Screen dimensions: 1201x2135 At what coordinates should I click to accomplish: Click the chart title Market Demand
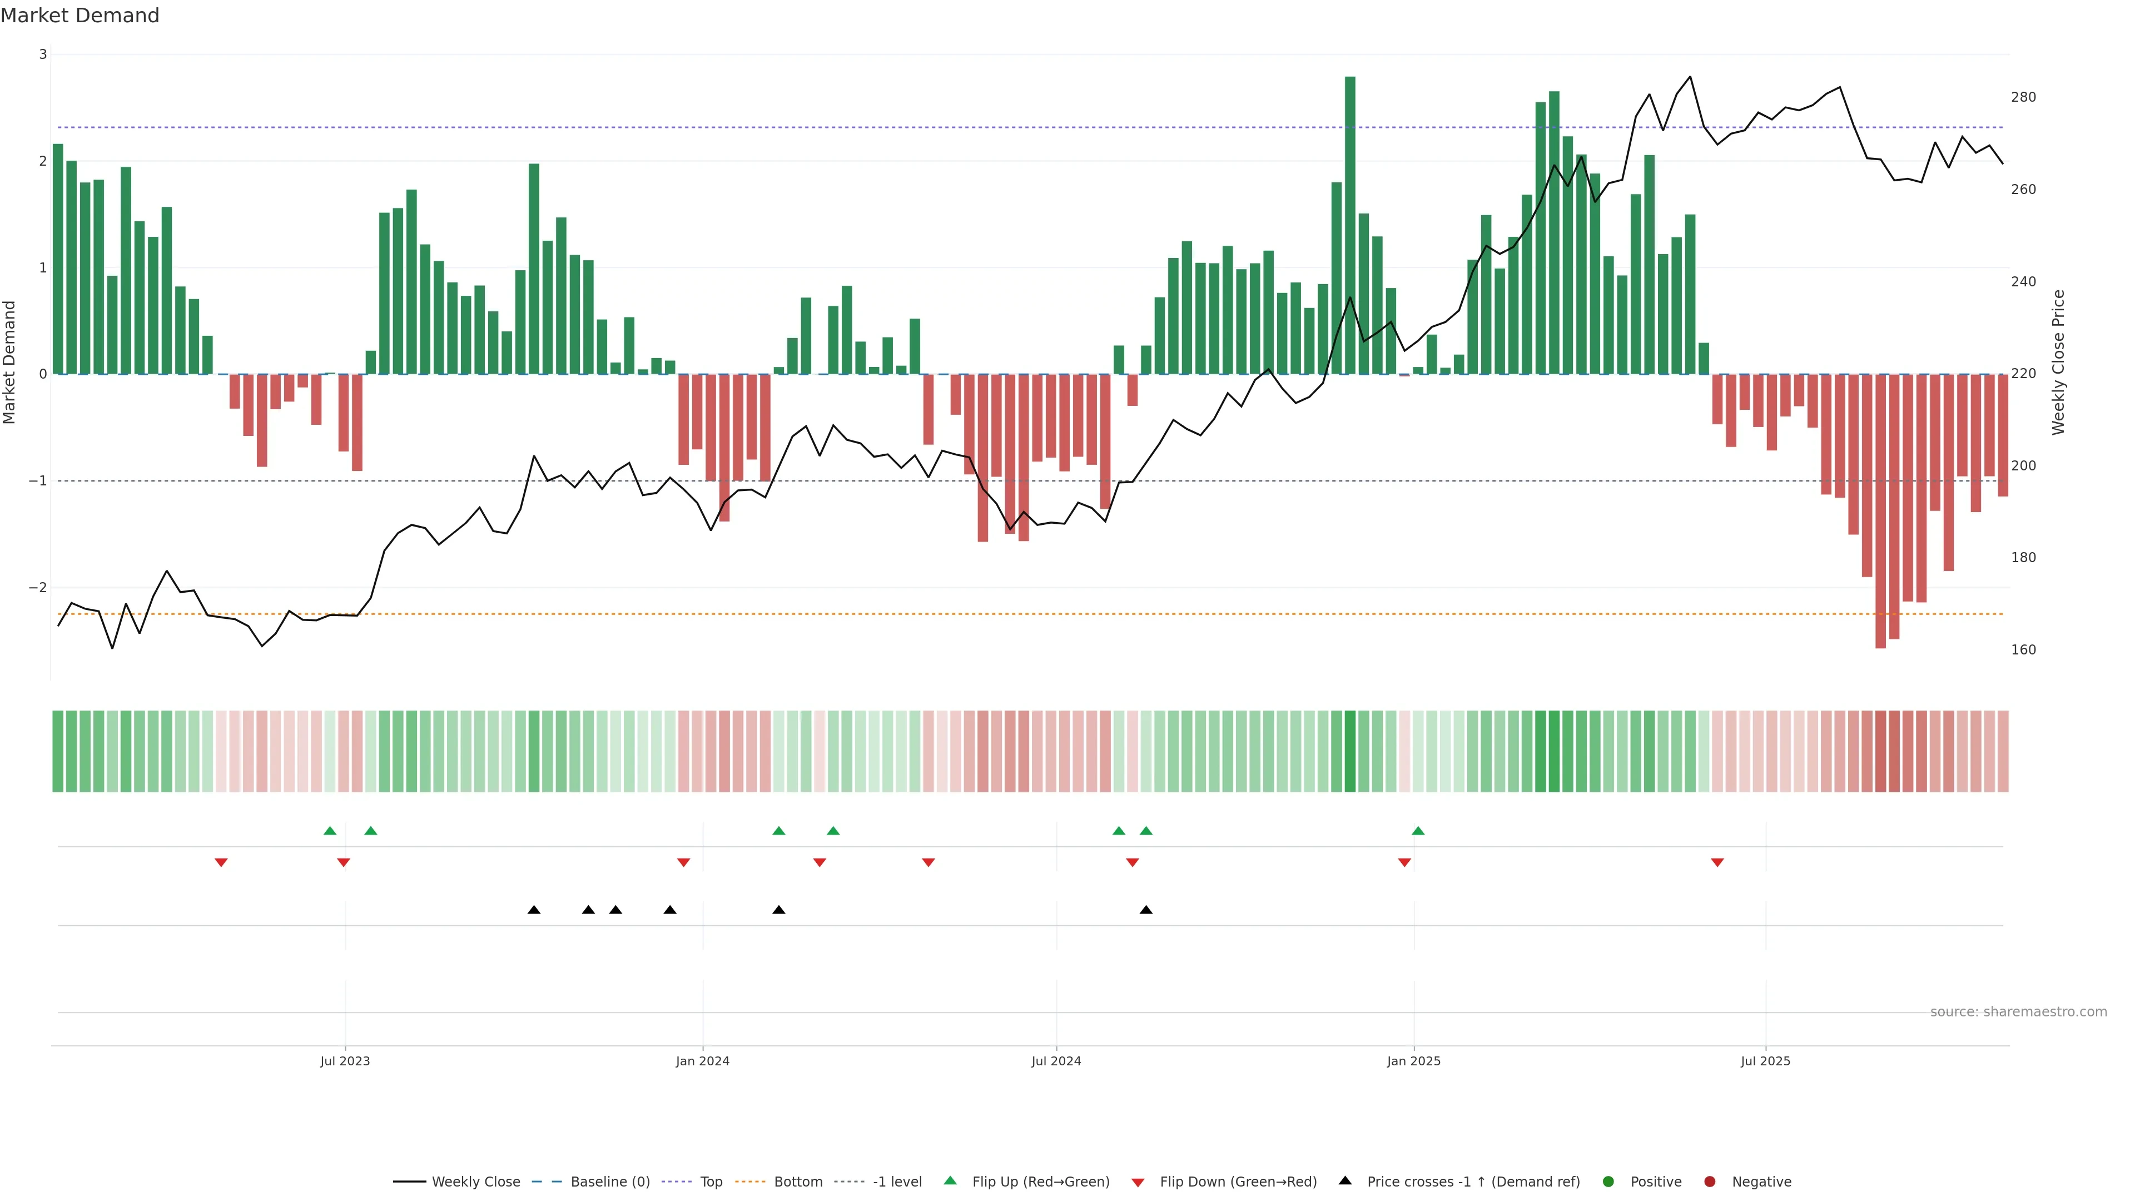pyautogui.click(x=80, y=16)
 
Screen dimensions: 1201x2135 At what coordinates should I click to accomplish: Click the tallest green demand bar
pyautogui.click(x=1349, y=224)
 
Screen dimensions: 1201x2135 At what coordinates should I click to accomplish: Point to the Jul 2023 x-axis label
pyautogui.click(x=345, y=1061)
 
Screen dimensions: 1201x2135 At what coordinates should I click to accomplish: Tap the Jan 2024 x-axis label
pyautogui.click(x=702, y=1061)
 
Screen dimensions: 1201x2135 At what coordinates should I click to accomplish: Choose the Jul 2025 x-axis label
pyautogui.click(x=1765, y=1061)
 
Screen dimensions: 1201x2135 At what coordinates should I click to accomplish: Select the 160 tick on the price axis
pyautogui.click(x=2022, y=650)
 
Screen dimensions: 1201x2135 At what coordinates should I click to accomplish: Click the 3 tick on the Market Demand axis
pyautogui.click(x=43, y=54)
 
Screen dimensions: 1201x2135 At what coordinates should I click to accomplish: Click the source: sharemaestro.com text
pyautogui.click(x=2018, y=1012)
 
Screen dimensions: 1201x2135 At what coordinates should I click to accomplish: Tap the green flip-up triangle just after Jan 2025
pyautogui.click(x=1418, y=831)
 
